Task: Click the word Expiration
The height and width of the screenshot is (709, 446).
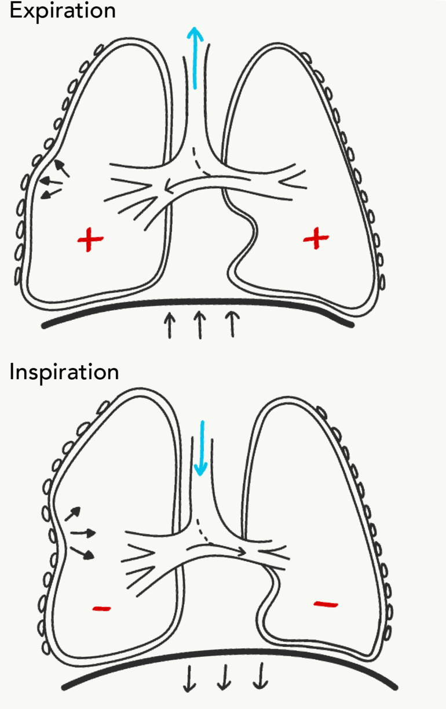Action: pos(63,12)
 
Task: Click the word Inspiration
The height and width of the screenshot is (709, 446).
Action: pos(64,372)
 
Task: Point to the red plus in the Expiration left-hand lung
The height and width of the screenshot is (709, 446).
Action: pos(89,239)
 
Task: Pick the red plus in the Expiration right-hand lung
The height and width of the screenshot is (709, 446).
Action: pos(316,237)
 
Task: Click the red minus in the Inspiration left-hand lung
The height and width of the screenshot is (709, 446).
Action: pos(102,608)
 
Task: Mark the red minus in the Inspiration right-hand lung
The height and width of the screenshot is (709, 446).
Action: pos(326,605)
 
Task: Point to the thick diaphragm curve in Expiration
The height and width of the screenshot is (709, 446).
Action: pos(197,303)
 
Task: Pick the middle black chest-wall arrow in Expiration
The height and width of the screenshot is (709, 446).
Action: pos(50,181)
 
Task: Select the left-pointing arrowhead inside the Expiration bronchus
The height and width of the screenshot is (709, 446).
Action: pos(166,187)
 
